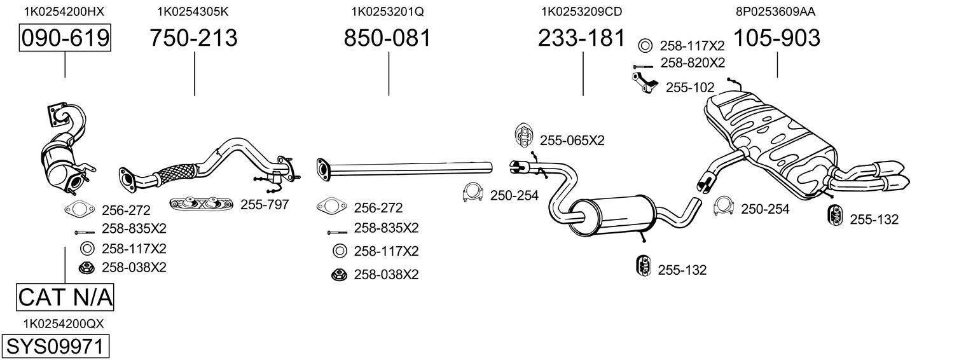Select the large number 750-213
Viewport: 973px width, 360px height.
pyautogui.click(x=193, y=38)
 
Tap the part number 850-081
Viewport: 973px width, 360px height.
pyautogui.click(x=387, y=38)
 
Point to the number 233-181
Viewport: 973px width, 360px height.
pyautogui.click(x=581, y=38)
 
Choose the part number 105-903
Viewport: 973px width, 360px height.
pyautogui.click(x=776, y=38)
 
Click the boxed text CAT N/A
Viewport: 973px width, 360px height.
pyautogui.click(x=65, y=297)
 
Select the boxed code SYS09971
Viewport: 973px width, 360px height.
pyautogui.click(x=55, y=347)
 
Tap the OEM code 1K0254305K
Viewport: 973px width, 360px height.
pyautogui.click(x=193, y=11)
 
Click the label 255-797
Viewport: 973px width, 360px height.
pyautogui.click(x=265, y=205)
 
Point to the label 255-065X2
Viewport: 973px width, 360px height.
pyautogui.click(x=572, y=141)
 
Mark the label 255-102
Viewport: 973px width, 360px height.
pyautogui.click(x=690, y=88)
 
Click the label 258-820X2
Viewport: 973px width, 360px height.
pyautogui.click(x=693, y=62)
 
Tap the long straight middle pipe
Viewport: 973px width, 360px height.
pyautogui.click(x=407, y=167)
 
